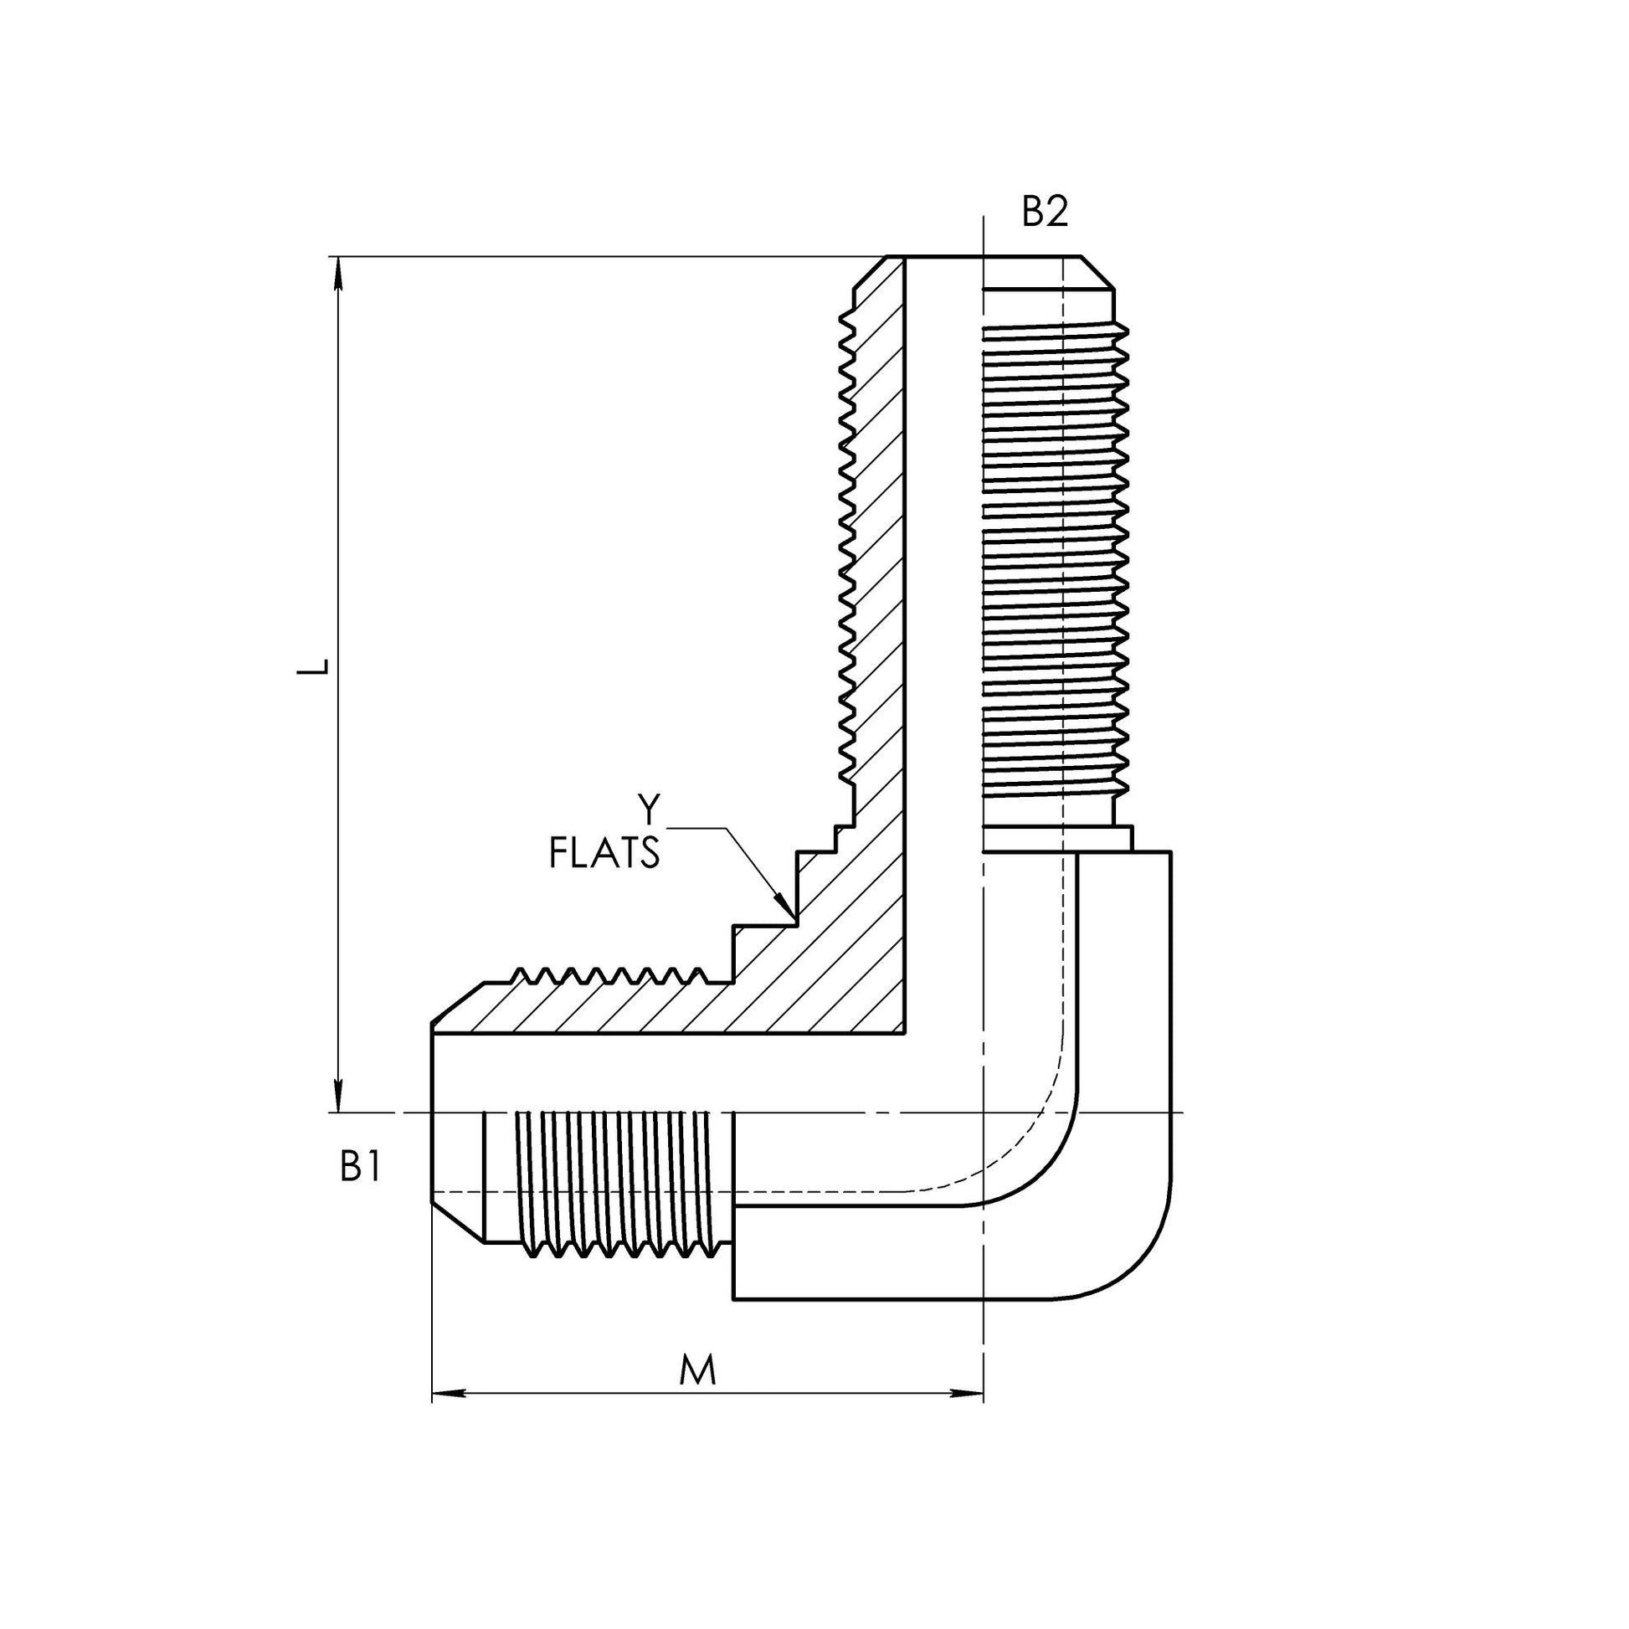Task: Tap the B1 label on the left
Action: pos(361,1168)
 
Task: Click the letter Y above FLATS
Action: pos(648,809)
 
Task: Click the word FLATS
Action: pos(604,852)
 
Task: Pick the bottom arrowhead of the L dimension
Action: pos(339,1095)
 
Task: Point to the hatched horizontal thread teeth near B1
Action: pos(607,975)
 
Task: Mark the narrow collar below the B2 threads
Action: pos(1058,839)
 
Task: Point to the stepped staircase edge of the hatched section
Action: pos(793,894)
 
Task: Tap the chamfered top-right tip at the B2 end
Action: pos(1097,272)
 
